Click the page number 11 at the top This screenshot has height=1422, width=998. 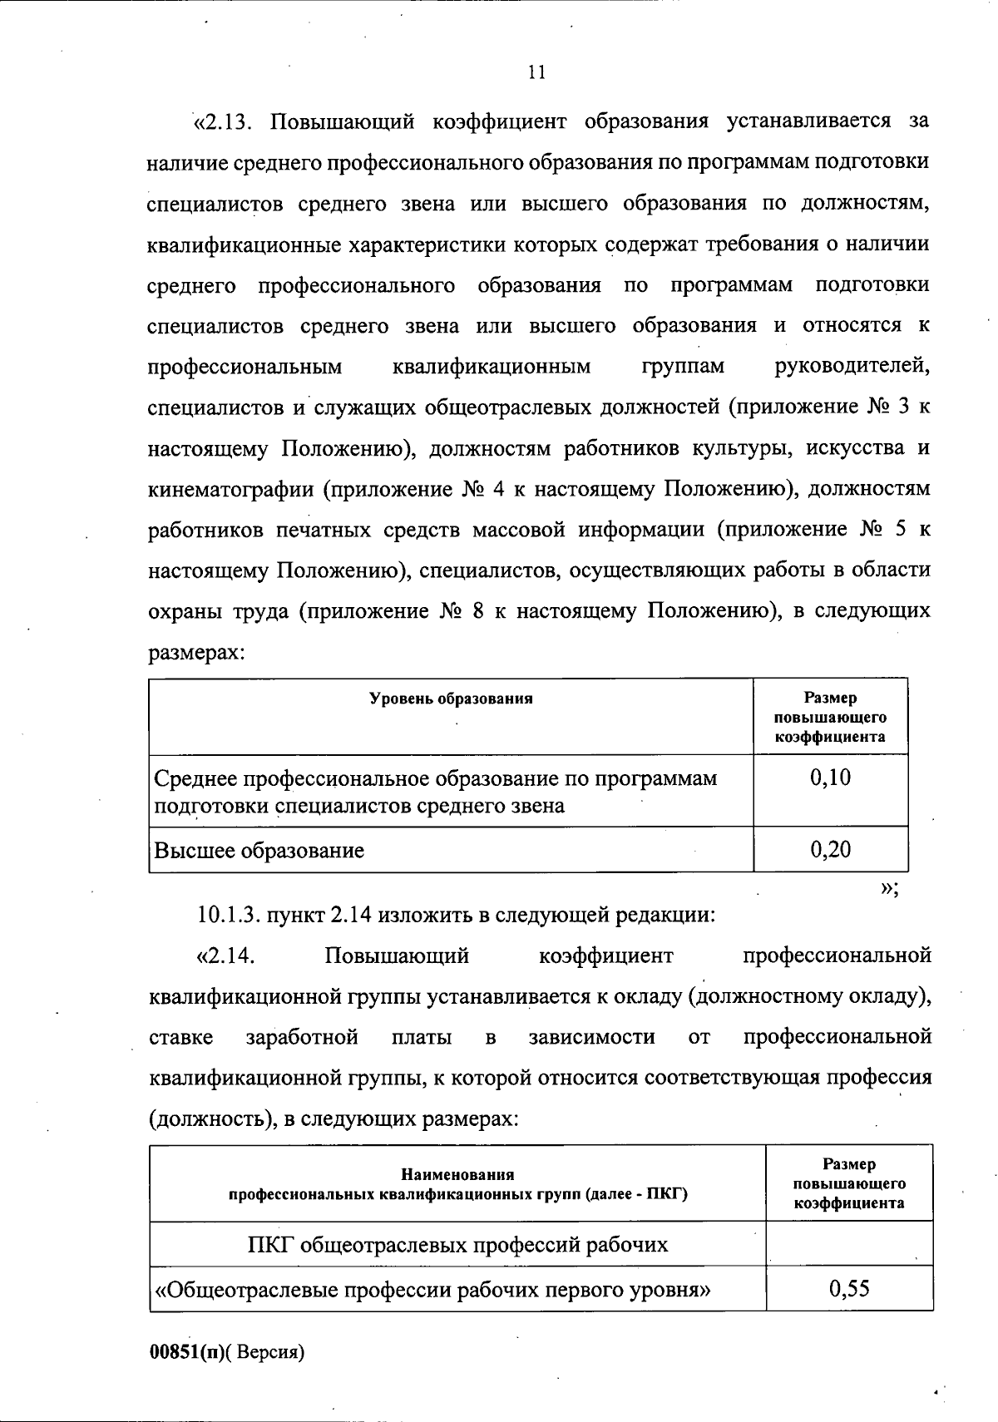pos(536,72)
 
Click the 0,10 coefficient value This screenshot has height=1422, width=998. pos(830,778)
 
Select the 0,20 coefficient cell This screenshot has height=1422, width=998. pos(830,849)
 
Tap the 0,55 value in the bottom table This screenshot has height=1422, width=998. pos(849,1289)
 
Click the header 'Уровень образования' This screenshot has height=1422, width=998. pos(451,699)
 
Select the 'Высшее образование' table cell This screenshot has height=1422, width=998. pos(259,850)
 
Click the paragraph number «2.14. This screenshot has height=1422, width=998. pos(225,955)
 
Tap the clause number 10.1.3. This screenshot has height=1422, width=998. pos(229,915)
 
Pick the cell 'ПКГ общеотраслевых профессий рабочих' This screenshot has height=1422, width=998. pos(457,1244)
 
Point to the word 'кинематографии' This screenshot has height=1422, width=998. pos(230,489)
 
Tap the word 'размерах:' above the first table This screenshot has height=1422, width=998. pos(196,653)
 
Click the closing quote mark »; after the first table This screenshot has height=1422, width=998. pos(889,888)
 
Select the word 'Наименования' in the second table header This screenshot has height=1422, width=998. pos(457,1175)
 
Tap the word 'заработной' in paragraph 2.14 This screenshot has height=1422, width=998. pos(302,1037)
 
